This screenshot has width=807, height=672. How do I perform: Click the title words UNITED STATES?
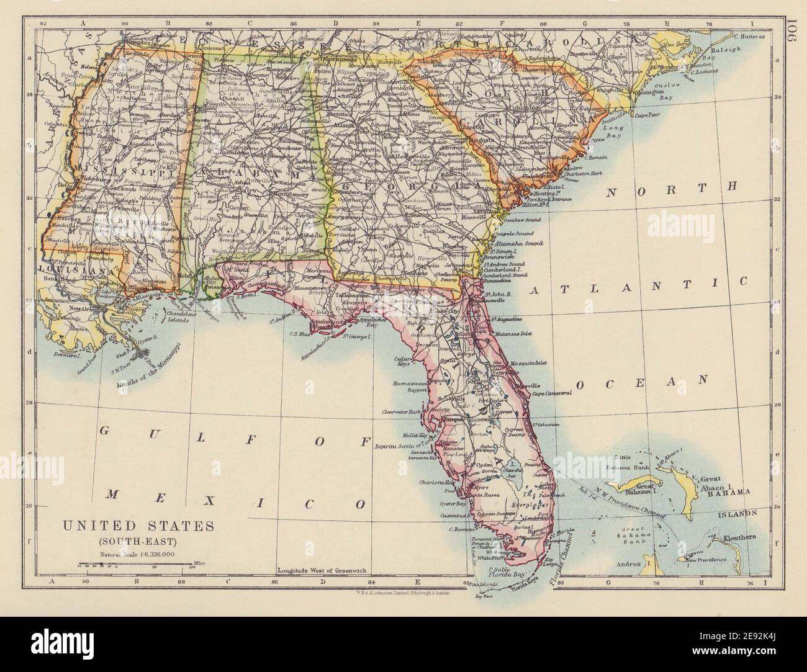click(137, 526)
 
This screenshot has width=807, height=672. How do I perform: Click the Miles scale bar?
click(133, 565)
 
